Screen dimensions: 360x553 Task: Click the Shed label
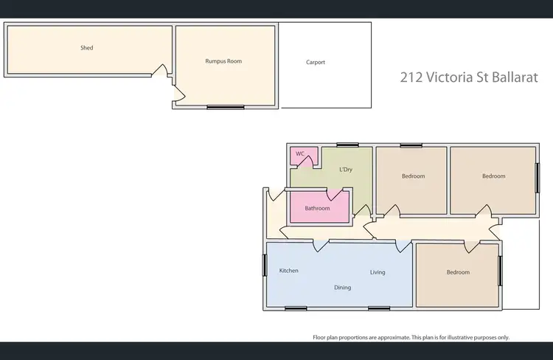[x=86, y=48]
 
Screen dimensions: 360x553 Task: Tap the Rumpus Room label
[x=223, y=61]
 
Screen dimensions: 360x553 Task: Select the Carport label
[x=316, y=63]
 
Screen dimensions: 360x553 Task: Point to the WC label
[x=299, y=154]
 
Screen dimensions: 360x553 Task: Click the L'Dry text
[x=345, y=170]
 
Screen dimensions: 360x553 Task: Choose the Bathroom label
[x=317, y=209]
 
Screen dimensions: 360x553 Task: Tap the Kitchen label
[x=288, y=271]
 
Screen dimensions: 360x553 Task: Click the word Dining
[x=342, y=288]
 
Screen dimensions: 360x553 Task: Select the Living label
[x=378, y=272]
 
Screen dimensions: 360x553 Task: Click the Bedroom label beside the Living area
[x=457, y=272]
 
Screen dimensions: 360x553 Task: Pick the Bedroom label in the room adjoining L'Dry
[x=413, y=176]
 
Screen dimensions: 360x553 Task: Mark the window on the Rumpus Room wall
[x=225, y=108]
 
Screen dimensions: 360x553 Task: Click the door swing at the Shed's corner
[x=157, y=71]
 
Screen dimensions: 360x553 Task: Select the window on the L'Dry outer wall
[x=347, y=145]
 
